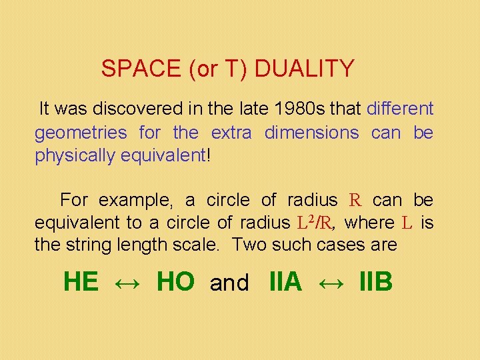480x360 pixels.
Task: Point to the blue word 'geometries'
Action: tap(81, 133)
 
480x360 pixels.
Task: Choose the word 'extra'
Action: tap(231, 133)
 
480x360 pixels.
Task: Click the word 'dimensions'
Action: tap(311, 133)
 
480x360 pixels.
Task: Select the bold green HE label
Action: tap(81, 282)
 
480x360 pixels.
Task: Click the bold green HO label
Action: tap(175, 282)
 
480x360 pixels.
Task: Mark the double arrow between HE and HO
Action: tap(127, 283)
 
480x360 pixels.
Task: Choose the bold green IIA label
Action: tap(285, 282)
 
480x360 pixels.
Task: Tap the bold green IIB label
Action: tap(375, 282)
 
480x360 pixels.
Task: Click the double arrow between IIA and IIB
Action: tap(330, 283)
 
